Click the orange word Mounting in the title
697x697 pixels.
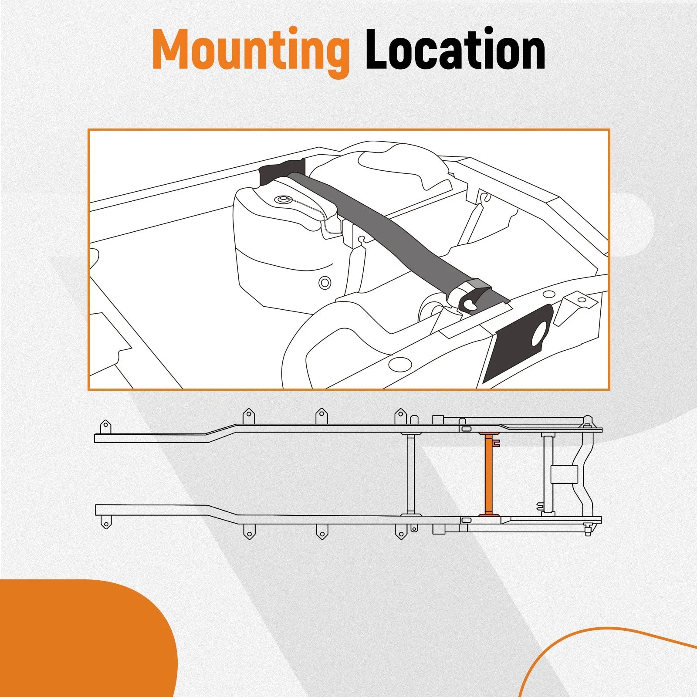pos(251,51)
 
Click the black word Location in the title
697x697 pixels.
pos(455,49)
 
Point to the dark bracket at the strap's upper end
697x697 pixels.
pos(281,171)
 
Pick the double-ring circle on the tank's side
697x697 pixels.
pos(325,283)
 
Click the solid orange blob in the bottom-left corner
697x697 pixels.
pos(87,638)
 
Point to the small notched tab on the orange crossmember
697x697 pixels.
pos(497,445)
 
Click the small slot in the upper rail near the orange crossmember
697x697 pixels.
pos(465,430)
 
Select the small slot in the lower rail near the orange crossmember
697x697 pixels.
pos(465,520)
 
